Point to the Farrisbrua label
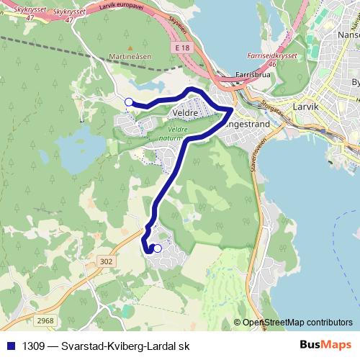[252, 74]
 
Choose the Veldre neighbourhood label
[186, 113]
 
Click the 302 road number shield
[107, 262]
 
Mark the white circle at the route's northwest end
[129, 102]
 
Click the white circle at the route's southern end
[158, 248]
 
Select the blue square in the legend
[10, 346]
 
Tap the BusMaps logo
[328, 346]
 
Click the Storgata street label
[271, 106]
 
